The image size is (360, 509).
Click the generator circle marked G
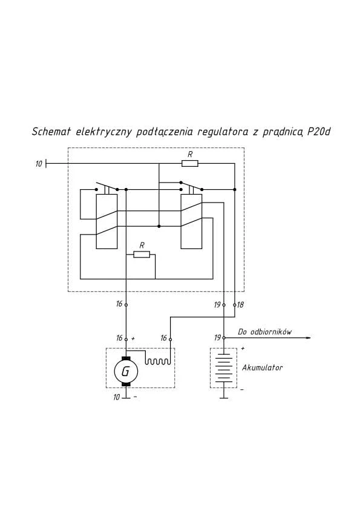(126, 371)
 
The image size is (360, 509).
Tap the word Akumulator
(262, 368)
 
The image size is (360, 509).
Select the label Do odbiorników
(265, 332)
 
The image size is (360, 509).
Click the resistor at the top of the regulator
(190, 163)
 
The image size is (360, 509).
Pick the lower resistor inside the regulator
(142, 254)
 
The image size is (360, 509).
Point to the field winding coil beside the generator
(157, 361)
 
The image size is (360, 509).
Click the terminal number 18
(240, 305)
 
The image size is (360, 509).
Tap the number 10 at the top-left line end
(39, 164)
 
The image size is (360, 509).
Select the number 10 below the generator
(117, 397)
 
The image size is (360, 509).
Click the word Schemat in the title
(51, 132)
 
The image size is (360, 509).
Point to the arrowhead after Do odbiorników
(308, 338)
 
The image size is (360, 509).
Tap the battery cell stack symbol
(224, 368)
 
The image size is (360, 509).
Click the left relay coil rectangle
(106, 221)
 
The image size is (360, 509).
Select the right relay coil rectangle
(191, 221)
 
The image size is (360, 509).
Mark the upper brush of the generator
(126, 358)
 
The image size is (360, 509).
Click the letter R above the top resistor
(190, 155)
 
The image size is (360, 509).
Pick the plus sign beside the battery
(243, 349)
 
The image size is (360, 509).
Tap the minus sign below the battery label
(242, 389)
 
